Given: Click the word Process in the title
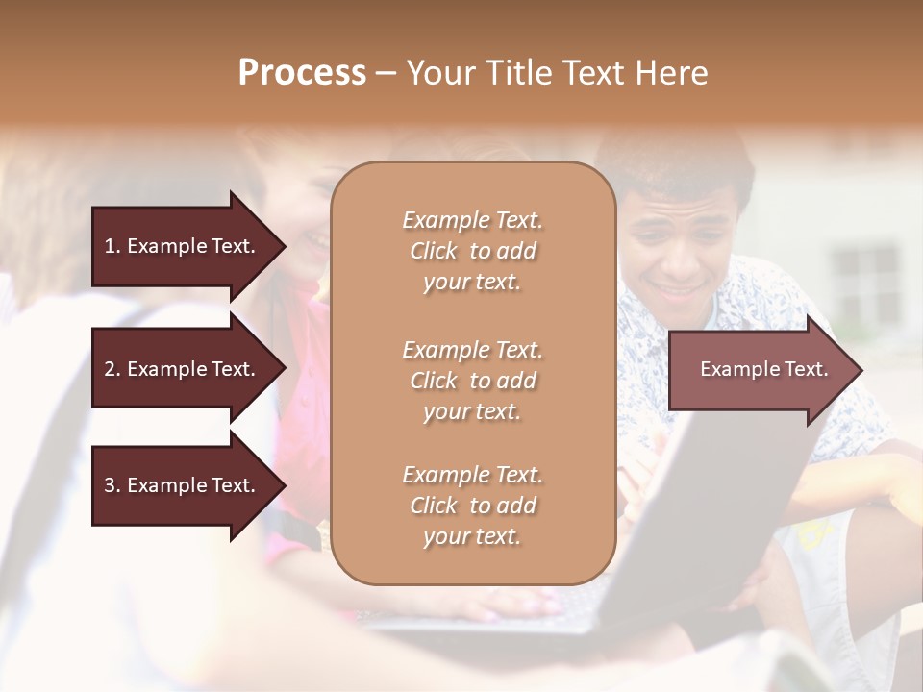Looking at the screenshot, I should (302, 73).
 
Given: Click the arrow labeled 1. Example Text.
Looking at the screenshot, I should (183, 246).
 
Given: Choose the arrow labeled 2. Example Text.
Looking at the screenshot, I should (183, 369).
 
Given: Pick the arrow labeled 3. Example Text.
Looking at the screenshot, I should (183, 485).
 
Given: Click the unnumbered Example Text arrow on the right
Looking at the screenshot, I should (760, 369).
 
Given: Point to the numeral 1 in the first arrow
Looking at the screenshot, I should (109, 246).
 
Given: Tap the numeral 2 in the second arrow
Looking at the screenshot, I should (109, 369).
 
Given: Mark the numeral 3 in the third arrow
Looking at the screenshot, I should (109, 485).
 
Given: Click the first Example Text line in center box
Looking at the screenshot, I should (472, 220).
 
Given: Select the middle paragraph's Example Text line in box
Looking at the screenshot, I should (472, 350).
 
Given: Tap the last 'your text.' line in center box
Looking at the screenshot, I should (472, 536).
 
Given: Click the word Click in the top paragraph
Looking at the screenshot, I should (434, 251).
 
